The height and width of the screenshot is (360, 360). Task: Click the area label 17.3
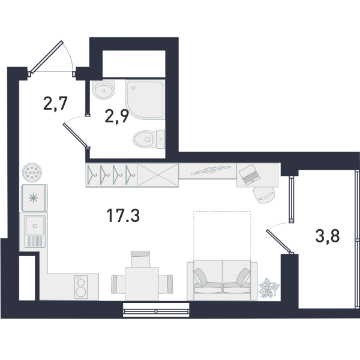(123, 216)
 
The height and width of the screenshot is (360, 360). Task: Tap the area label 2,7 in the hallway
(55, 104)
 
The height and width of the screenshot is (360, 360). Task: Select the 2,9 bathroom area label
(116, 116)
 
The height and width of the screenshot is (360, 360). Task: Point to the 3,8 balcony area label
(328, 237)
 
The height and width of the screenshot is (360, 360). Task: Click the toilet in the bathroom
(149, 139)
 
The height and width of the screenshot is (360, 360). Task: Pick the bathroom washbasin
(104, 90)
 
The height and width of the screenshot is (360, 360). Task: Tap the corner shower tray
(145, 100)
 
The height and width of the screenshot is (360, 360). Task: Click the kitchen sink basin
(35, 226)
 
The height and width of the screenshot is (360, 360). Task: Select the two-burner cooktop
(81, 287)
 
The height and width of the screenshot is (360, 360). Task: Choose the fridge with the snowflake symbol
(34, 197)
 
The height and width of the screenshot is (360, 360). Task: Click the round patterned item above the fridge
(32, 172)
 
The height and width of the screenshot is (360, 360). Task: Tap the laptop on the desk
(250, 175)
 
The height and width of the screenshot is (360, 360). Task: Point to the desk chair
(264, 195)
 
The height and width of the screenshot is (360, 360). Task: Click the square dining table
(142, 284)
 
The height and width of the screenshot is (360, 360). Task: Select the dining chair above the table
(140, 259)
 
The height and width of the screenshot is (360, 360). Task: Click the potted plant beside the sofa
(269, 287)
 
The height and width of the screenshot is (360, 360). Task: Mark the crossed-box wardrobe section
(158, 175)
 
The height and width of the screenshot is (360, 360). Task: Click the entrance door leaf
(46, 57)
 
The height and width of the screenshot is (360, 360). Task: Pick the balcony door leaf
(279, 241)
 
